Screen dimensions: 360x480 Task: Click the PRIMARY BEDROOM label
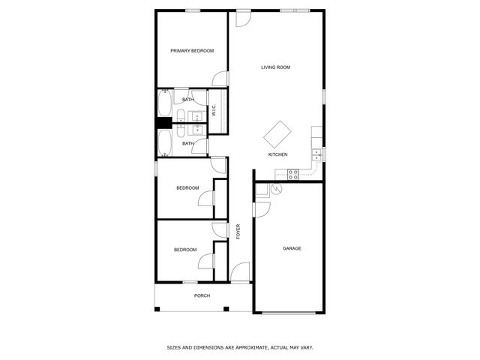tap(192, 51)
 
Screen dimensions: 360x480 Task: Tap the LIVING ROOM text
tap(275, 67)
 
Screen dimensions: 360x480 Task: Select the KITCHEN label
tap(277, 154)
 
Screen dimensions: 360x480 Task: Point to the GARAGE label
tap(292, 248)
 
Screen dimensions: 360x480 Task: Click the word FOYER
tap(238, 231)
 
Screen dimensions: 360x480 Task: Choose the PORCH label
tap(202, 295)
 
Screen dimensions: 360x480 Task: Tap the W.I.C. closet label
tap(214, 111)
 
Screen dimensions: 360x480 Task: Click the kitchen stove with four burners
tap(292, 174)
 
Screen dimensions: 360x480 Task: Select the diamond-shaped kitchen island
tap(278, 134)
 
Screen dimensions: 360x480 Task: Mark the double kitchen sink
tap(317, 155)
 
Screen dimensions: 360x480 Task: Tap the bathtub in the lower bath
tap(164, 142)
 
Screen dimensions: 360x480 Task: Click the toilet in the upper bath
tap(182, 115)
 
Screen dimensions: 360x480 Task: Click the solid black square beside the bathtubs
tap(161, 124)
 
